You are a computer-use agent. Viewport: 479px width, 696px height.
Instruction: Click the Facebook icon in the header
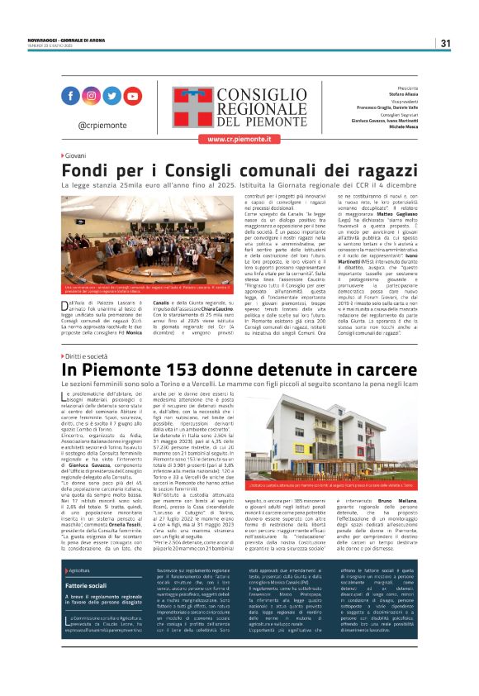coord(70,96)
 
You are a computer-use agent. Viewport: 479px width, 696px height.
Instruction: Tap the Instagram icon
coord(91,96)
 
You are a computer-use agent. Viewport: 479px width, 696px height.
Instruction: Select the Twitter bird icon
coord(111,96)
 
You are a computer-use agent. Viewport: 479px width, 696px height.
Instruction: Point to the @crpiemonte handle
coord(101,124)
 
